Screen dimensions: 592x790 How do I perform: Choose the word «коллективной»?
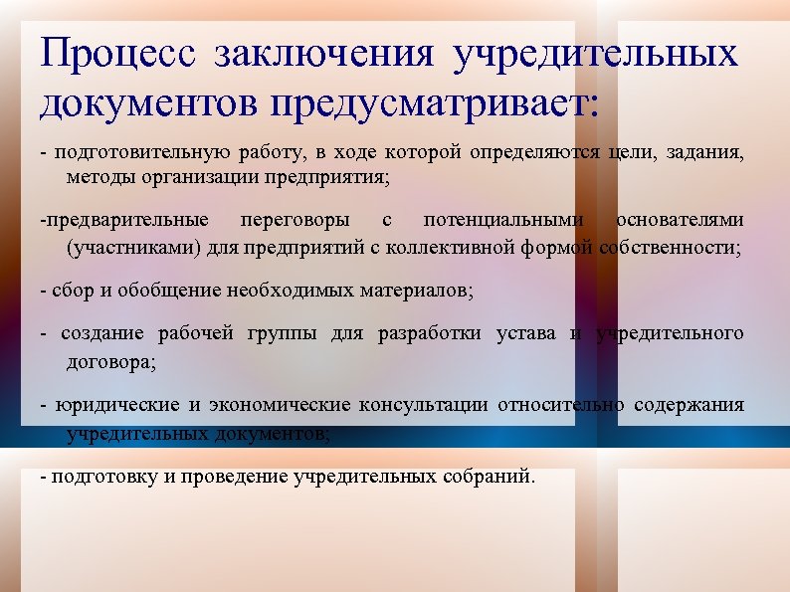pos(467,246)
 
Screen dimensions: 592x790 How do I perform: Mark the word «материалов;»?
pos(423,291)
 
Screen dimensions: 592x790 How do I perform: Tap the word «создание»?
pos(102,333)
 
